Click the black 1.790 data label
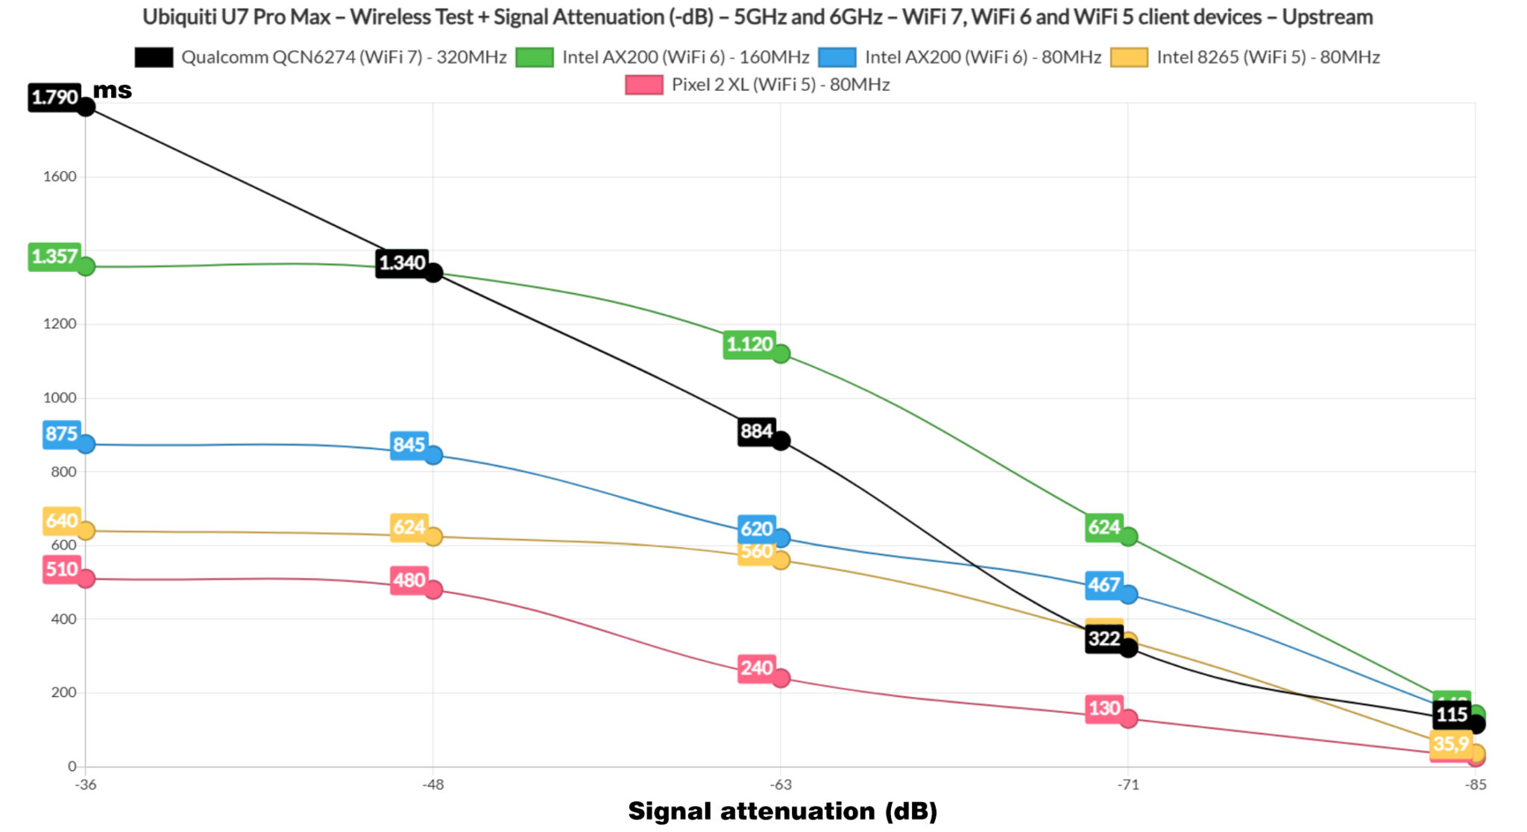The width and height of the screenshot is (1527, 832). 54,98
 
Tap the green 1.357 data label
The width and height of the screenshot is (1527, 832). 54,257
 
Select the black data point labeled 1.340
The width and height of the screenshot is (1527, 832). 433,273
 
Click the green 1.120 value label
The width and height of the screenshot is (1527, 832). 749,344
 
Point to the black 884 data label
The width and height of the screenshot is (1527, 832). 755,432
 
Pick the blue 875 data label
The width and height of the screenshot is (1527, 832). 61,434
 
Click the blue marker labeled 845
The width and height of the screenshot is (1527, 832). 433,455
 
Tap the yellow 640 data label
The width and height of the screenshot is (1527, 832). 61,520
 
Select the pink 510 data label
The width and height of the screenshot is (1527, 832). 61,570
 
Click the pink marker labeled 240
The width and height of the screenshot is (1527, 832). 781,678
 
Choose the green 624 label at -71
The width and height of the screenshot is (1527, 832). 1103,528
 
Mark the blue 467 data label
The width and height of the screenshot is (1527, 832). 1103,585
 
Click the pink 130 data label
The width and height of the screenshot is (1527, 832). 1103,708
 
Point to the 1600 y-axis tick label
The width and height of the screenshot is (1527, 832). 60,177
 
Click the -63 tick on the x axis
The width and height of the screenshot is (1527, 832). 781,784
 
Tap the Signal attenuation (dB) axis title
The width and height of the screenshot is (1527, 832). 782,811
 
